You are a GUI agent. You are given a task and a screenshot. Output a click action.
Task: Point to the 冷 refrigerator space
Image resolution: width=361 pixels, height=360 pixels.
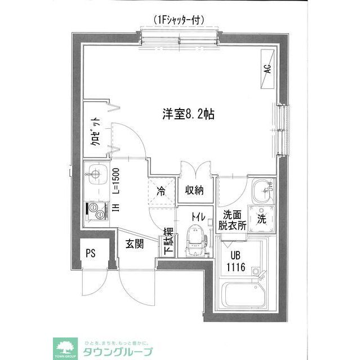tap(161, 191)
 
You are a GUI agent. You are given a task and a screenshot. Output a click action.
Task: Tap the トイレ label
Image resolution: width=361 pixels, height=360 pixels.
tap(197, 216)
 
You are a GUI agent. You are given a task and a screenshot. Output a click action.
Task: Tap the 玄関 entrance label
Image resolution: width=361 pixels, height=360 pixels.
tap(134, 244)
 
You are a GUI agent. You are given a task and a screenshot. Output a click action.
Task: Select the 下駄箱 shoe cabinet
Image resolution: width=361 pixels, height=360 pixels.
tap(168, 242)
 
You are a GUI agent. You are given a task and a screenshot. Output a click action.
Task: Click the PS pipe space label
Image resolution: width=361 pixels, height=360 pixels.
tap(90, 253)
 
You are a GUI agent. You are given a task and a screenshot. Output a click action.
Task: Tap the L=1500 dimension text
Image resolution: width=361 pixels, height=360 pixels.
tap(115, 181)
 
